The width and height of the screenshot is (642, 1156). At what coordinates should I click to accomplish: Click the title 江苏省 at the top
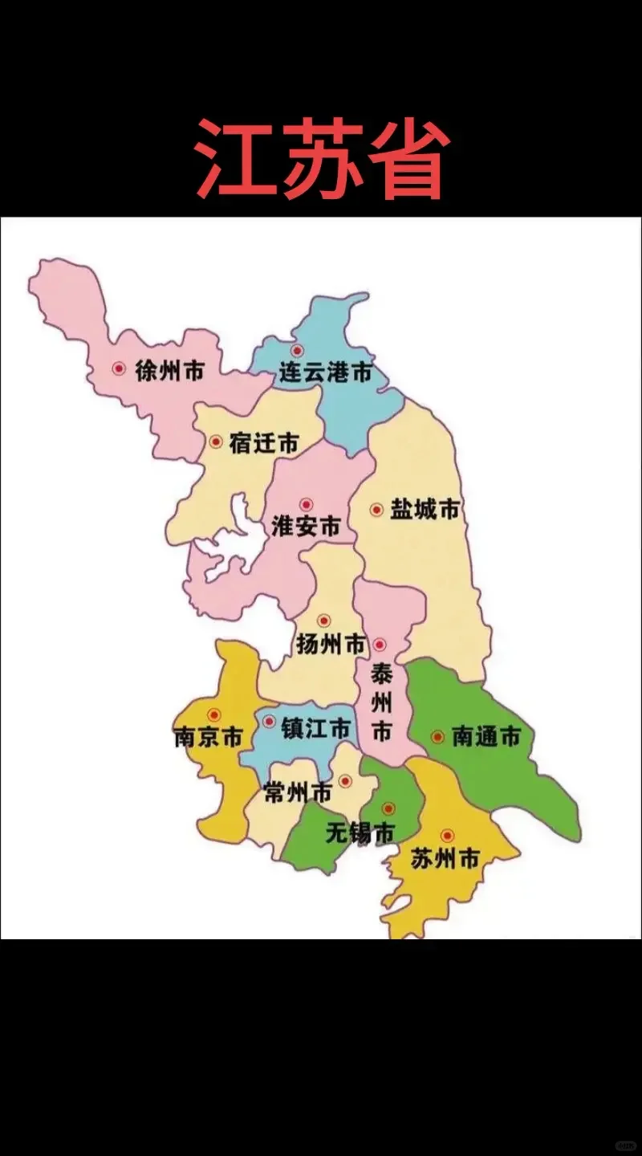tap(321, 158)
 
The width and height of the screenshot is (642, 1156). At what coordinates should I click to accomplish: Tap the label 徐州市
tap(169, 371)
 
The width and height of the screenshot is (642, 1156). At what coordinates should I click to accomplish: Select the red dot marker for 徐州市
tap(120, 368)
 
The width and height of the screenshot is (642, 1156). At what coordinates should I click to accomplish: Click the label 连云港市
tap(326, 372)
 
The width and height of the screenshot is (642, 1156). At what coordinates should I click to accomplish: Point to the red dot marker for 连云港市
tap(297, 350)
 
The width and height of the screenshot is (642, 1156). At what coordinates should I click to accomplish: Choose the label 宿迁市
tap(264, 443)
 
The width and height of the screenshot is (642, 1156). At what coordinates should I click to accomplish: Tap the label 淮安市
tap(306, 527)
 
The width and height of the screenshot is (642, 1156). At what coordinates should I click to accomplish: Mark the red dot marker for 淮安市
tap(306, 504)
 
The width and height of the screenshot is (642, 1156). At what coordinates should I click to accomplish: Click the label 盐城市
tap(425, 510)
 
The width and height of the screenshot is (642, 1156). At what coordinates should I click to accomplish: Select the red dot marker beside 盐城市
tap(376, 509)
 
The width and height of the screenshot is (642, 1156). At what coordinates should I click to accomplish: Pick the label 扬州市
tap(331, 644)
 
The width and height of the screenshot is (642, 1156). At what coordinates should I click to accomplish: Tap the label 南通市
tap(486, 737)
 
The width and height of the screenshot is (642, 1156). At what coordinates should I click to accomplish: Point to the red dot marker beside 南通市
tap(437, 735)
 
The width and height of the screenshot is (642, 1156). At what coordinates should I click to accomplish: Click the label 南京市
tap(208, 737)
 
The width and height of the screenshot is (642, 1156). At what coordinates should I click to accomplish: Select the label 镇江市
tap(315, 728)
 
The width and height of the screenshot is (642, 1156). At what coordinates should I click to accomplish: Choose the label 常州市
tap(297, 793)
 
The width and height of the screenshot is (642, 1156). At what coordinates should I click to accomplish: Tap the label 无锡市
tap(360, 833)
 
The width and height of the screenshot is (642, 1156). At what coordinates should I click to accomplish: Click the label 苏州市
tap(445, 860)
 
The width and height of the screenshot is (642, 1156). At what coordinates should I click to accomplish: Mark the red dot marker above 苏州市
tap(447, 835)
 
